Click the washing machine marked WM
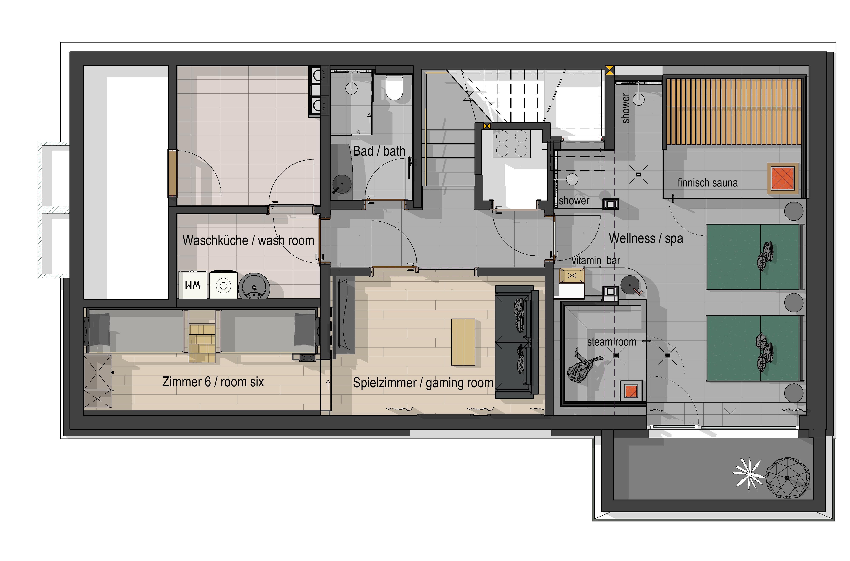(193, 285)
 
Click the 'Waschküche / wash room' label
(248, 241)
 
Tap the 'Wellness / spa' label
(646, 238)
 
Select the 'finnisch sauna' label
(707, 183)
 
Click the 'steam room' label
(612, 342)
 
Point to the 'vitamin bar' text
(596, 261)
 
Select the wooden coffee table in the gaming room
(463, 342)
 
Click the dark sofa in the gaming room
(517, 342)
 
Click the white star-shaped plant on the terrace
(748, 474)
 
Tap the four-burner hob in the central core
(511, 144)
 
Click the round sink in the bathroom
(342, 184)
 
